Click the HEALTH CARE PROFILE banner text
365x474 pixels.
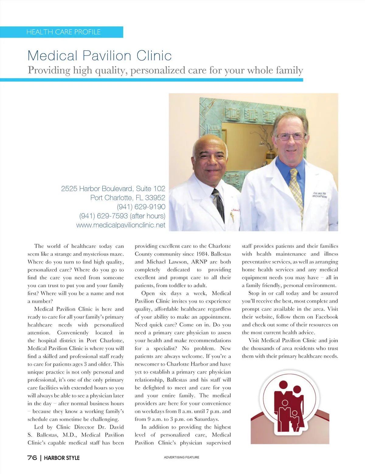pos(63,32)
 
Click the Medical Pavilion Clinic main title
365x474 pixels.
pos(99,56)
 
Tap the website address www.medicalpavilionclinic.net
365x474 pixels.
pos(121,225)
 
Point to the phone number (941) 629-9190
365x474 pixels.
pos(141,207)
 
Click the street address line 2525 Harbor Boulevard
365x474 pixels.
pos(113,189)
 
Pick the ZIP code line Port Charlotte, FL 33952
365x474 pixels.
pos(128,198)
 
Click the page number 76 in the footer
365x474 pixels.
pos(32,458)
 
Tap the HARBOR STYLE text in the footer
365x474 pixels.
pos(62,458)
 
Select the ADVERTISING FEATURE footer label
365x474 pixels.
pos(182,457)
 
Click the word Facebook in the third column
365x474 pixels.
pos(326,317)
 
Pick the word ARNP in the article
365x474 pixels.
pos(199,262)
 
